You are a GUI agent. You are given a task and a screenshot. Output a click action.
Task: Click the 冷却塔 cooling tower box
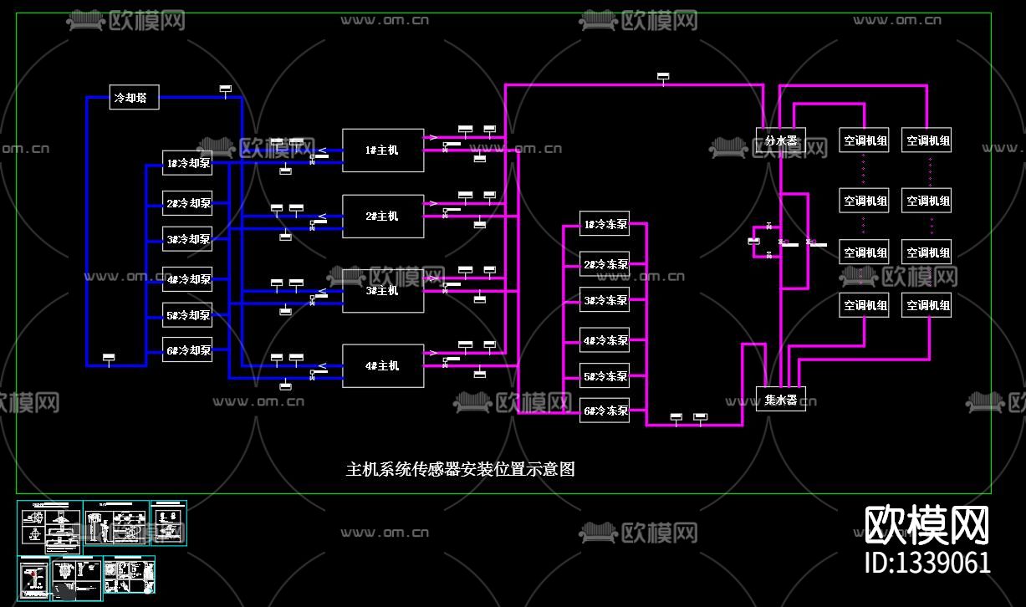pos(134,98)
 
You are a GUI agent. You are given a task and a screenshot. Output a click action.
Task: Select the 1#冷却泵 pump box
pos(187,164)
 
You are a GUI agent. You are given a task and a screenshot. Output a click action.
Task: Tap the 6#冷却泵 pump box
pos(187,350)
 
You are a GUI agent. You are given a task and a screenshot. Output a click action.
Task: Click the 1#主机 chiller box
pos(382,150)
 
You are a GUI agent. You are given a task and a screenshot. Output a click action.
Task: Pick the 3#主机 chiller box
pos(382,290)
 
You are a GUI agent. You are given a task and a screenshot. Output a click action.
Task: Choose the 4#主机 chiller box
pos(382,366)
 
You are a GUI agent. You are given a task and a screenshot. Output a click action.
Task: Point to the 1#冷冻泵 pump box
pos(605,225)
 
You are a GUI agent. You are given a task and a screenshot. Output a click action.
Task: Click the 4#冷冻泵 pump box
pos(605,340)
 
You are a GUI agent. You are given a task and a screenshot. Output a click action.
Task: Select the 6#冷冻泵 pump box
pos(605,411)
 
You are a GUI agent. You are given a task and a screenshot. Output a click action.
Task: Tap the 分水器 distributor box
pos(780,140)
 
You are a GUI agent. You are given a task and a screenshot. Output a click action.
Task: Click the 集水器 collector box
pos(780,399)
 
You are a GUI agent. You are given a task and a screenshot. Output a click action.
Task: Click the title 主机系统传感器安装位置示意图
pos(461,469)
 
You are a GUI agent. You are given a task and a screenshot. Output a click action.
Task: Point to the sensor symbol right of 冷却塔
pos(225,89)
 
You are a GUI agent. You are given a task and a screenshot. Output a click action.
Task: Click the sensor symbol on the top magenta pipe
pos(663,78)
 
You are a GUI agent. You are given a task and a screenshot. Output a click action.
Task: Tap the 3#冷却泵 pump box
pos(187,239)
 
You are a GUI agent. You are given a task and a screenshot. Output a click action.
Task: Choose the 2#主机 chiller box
pos(382,217)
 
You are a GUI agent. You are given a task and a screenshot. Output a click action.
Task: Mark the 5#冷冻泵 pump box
pos(605,376)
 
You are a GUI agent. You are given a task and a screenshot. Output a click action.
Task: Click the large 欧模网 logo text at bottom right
pos(926,525)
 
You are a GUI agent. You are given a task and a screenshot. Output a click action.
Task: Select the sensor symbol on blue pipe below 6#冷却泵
pos(108,358)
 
